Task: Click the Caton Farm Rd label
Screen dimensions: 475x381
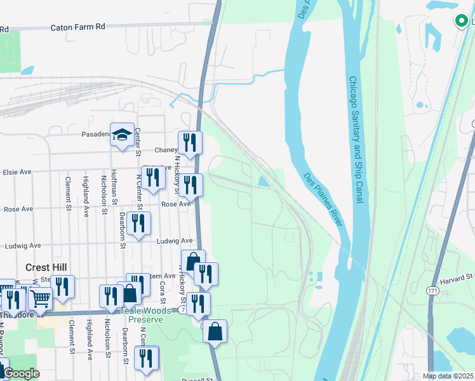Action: (77, 27)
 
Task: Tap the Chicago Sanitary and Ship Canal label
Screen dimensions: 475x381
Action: (355, 140)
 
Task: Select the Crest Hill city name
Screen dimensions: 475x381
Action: (46, 267)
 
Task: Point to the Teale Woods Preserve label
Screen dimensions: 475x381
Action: (145, 315)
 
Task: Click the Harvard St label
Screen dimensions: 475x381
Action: (457, 277)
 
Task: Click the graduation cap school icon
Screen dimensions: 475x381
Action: (123, 134)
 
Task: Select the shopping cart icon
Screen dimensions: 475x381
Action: (40, 297)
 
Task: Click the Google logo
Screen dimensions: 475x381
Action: (20, 373)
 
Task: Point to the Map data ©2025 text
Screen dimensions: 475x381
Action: (448, 376)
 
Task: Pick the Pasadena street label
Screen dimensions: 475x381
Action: (96, 135)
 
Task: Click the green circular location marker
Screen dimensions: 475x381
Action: (460, 21)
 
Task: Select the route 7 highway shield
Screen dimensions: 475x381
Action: (182, 309)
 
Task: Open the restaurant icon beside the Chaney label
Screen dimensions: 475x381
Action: (190, 142)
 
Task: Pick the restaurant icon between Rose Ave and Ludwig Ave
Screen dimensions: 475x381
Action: (138, 223)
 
